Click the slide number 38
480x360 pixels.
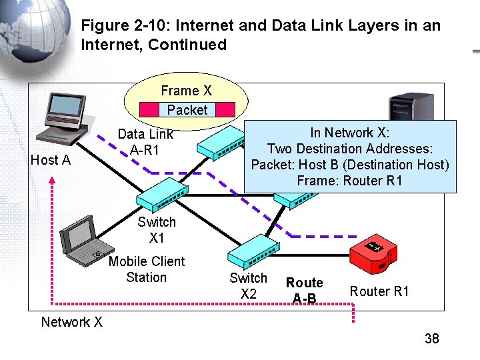pyautogui.click(x=431, y=339)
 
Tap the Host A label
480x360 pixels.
pyautogui.click(x=51, y=160)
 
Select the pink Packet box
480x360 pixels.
pyautogui.click(x=187, y=110)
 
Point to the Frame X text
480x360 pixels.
pyautogui.click(x=186, y=91)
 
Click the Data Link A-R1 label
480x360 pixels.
pyautogui.click(x=145, y=142)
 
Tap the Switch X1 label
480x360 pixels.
pyautogui.click(x=157, y=230)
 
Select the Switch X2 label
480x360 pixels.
pyautogui.click(x=248, y=285)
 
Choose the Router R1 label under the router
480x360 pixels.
pyautogui.click(x=379, y=291)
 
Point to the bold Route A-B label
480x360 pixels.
pyautogui.click(x=304, y=290)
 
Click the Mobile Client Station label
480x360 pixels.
pyautogui.click(x=146, y=269)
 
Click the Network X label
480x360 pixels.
pyautogui.click(x=71, y=322)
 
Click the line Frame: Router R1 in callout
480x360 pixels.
pyautogui.click(x=349, y=181)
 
